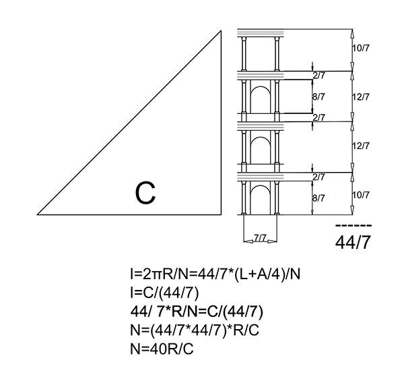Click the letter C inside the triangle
point(145,193)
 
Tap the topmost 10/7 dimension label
point(361,48)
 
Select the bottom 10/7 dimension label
point(361,195)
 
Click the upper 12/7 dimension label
point(361,96)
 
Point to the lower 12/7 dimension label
point(361,146)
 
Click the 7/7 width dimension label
point(260,238)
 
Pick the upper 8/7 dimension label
point(318,96)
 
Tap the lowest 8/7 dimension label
point(318,198)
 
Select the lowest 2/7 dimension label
point(319,177)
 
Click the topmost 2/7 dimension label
point(319,76)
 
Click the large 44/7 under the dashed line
point(353,242)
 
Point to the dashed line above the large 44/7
point(353,225)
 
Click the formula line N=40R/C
point(162,349)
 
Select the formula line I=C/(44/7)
point(165,293)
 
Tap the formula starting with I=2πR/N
point(215,274)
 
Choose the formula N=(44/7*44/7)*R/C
point(195,330)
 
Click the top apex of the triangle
point(221,31)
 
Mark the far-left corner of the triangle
point(38,214)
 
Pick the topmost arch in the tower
point(260,87)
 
